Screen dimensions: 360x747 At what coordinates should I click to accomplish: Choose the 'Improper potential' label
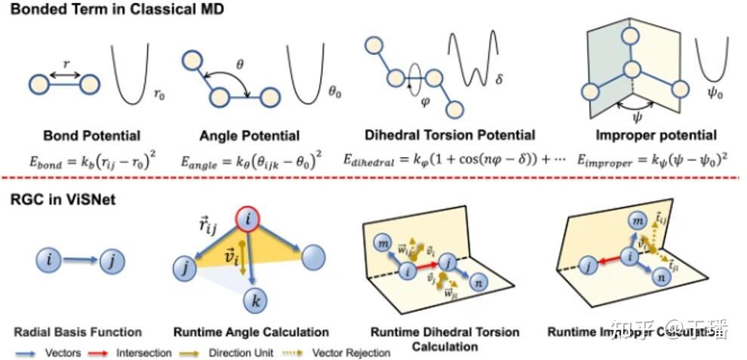(x=654, y=136)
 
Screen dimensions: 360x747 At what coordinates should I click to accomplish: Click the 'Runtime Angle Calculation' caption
(x=251, y=332)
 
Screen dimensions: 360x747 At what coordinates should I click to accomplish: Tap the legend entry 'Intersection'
(x=143, y=352)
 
